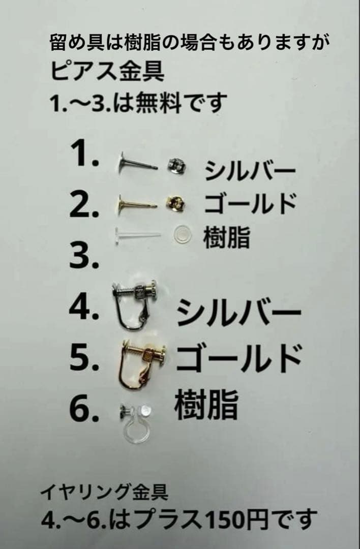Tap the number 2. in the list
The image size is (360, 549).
(x=84, y=205)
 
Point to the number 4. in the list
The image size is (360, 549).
(x=84, y=308)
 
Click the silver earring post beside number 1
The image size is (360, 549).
(x=137, y=164)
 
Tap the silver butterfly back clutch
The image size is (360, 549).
(x=175, y=166)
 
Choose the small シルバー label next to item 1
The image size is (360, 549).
(x=250, y=171)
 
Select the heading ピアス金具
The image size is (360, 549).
(x=107, y=72)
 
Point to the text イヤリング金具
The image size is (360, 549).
(x=104, y=492)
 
